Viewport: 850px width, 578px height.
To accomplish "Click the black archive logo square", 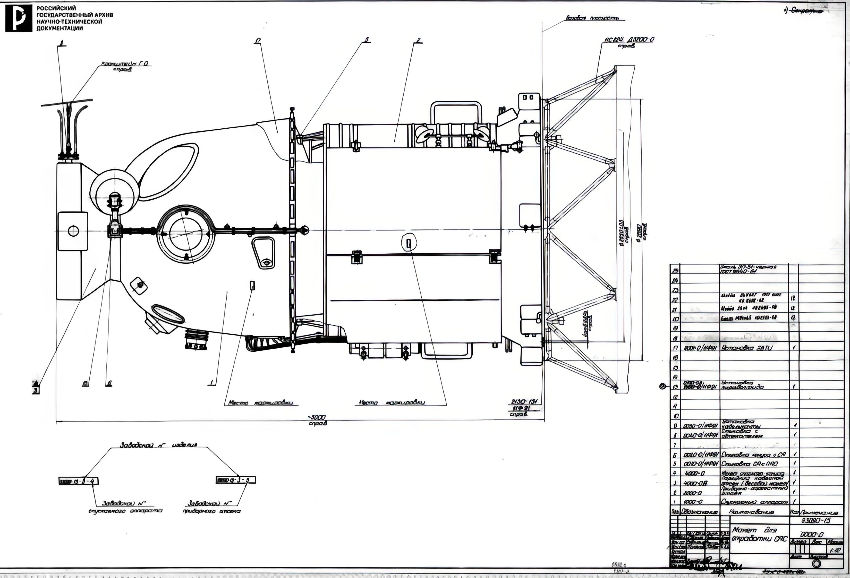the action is click(19, 18).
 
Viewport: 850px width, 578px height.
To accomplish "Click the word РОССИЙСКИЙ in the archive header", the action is click(56, 8).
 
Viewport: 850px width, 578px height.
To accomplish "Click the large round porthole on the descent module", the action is click(185, 234).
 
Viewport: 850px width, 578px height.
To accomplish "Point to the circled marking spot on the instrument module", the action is click(409, 243).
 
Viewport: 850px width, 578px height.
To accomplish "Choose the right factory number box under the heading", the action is click(235, 480).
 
